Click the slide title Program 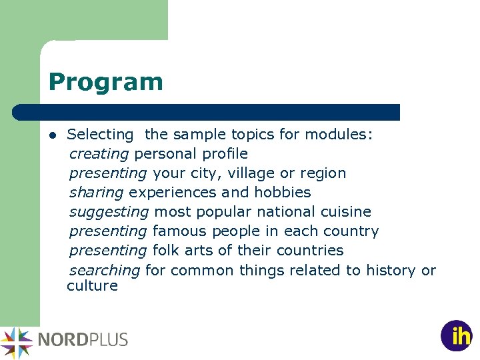point(105,82)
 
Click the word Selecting point(101,135)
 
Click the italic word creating point(99,154)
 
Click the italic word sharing point(96,193)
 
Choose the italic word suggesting point(109,212)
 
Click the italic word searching point(105,270)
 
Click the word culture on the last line point(92,286)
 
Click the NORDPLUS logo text point(83,339)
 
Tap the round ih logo point(457,336)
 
